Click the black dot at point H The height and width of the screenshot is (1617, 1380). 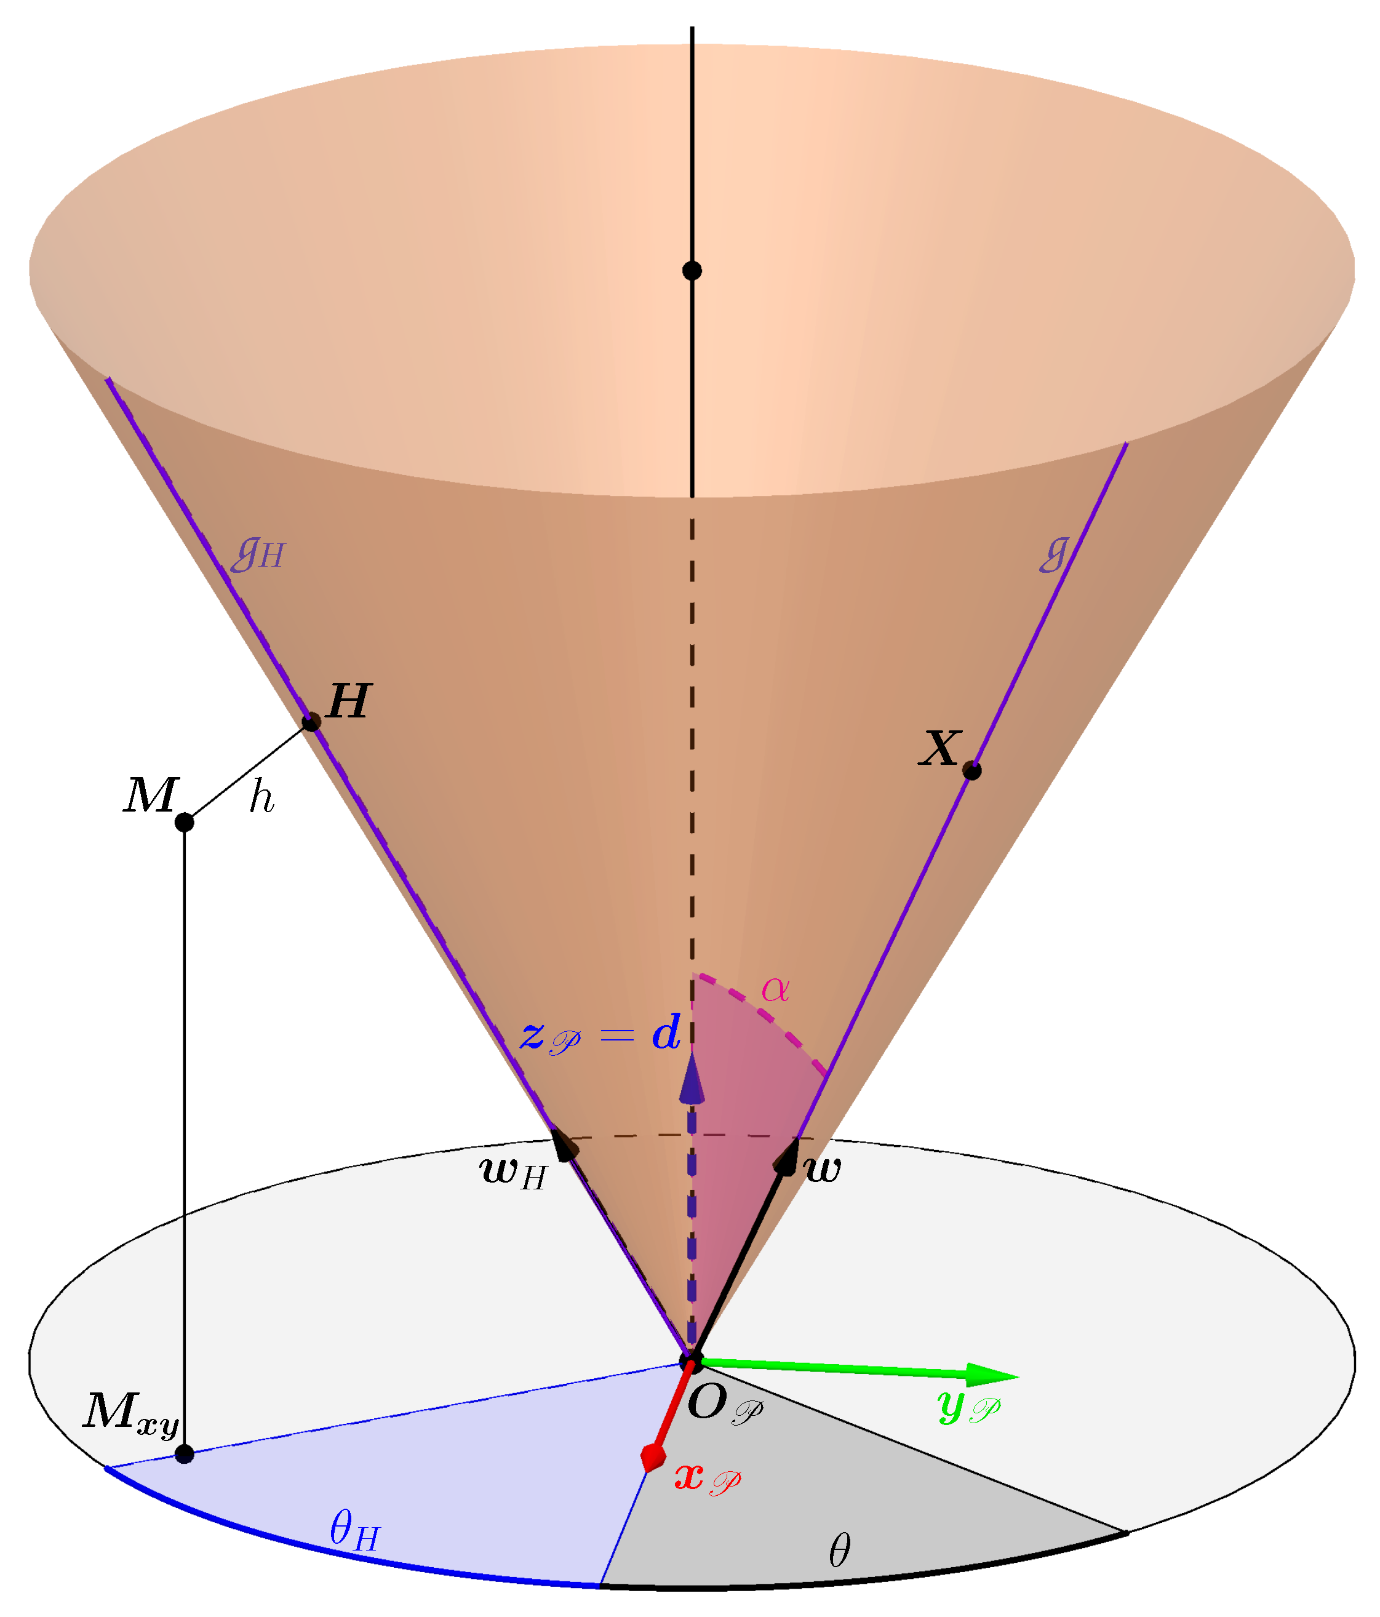pos(311,721)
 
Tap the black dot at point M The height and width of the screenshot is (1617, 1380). pos(184,822)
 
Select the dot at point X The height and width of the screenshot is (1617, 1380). pos(971,770)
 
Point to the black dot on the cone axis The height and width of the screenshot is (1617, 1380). pos(692,271)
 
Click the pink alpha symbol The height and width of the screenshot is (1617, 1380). pos(775,989)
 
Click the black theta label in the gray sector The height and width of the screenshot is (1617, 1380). pos(839,1550)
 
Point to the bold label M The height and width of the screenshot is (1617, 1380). pos(151,796)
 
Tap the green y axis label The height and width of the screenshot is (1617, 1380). pos(968,1407)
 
